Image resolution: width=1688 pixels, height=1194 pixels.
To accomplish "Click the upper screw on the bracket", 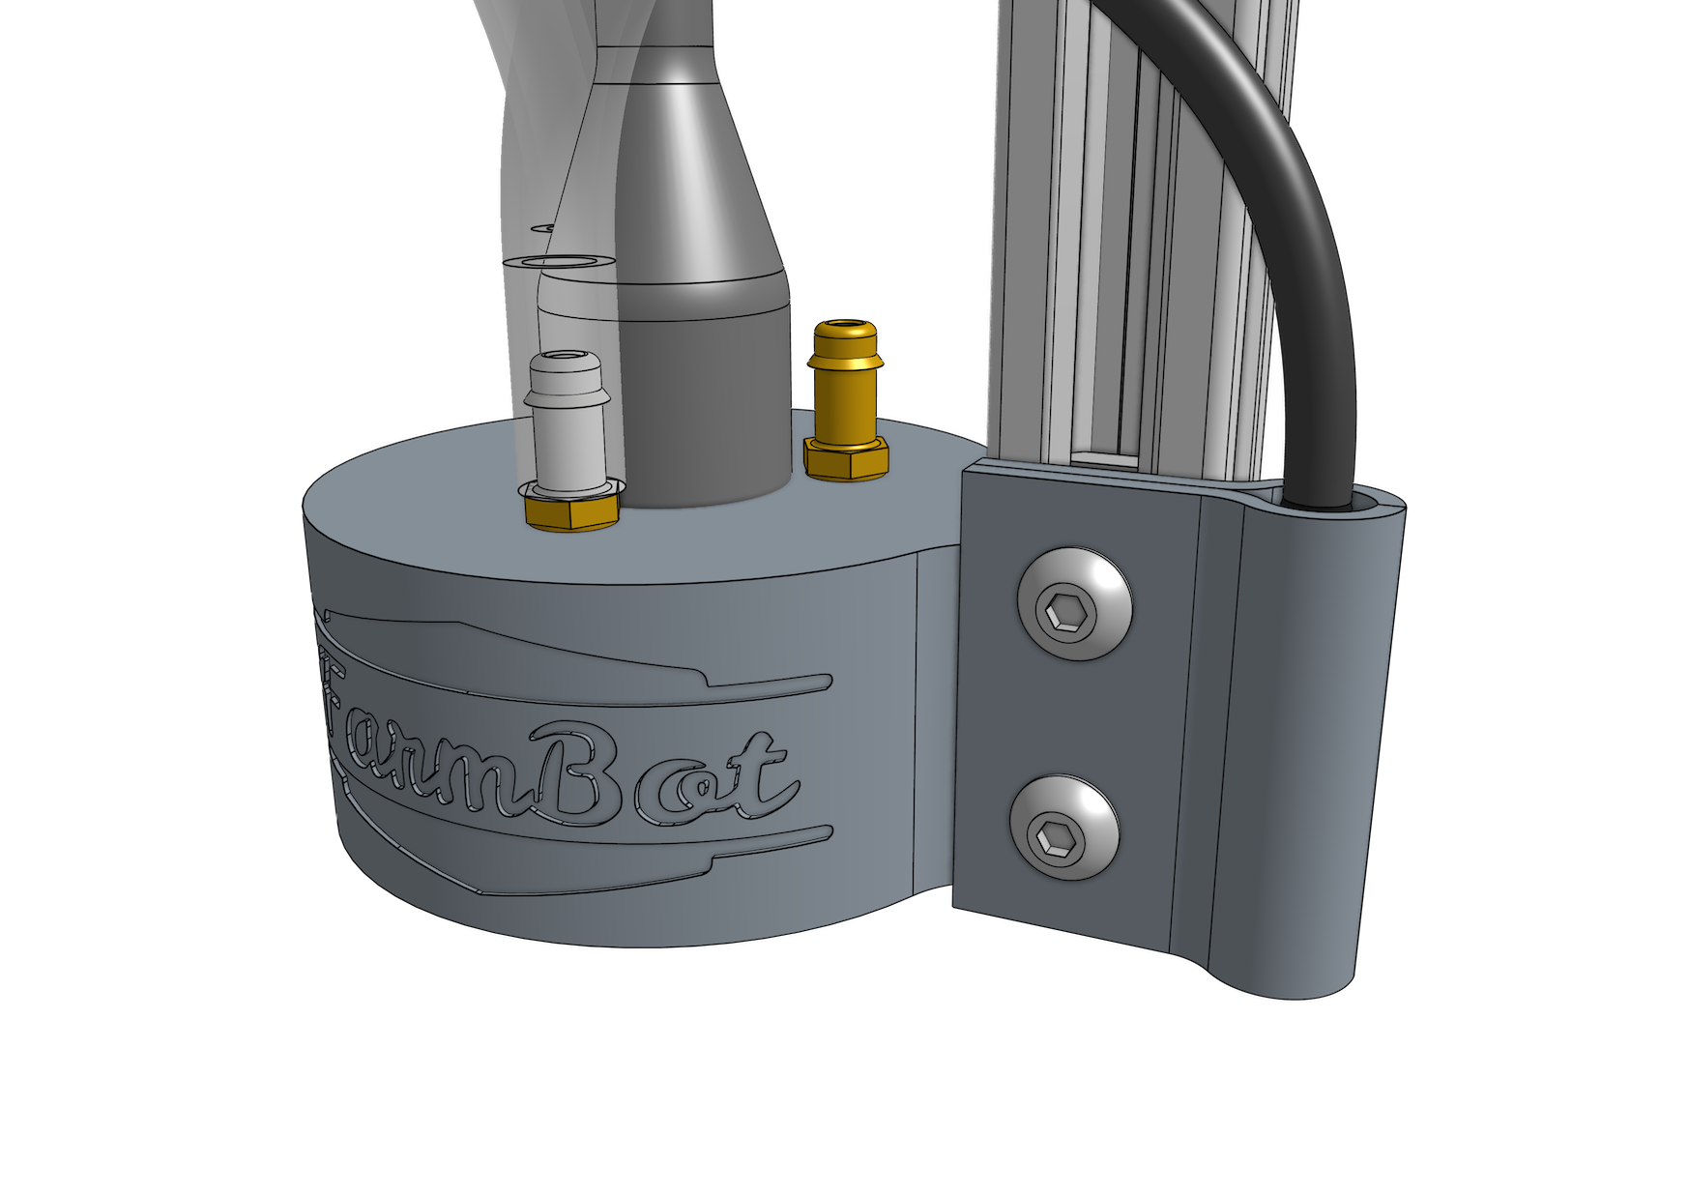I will [x=1075, y=604].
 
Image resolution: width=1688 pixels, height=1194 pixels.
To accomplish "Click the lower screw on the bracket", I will [x=1065, y=828].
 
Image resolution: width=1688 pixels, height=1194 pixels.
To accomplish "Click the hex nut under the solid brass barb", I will [x=847, y=456].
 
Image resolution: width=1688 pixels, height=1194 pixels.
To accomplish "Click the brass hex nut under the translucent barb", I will [x=571, y=510].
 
